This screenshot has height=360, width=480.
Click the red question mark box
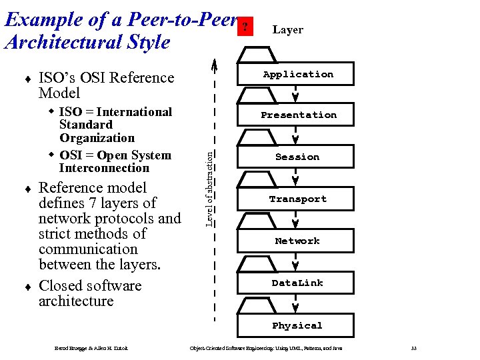(246, 27)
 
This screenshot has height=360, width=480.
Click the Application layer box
(297, 75)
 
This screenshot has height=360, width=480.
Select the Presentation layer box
(298, 115)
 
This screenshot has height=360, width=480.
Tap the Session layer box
(297, 157)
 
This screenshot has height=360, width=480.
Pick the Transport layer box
(297, 199)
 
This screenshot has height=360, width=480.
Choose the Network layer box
(297, 241)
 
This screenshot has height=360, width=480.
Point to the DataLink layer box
(297, 283)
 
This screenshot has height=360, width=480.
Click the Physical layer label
(297, 325)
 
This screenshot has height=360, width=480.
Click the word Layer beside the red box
(287, 30)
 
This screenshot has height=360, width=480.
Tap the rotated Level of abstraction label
(209, 188)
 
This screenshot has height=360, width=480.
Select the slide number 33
(413, 348)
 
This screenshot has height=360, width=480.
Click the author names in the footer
(91, 348)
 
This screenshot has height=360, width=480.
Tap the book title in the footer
(266, 348)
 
